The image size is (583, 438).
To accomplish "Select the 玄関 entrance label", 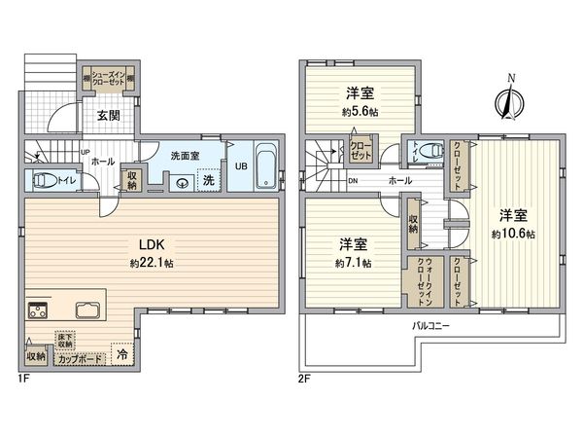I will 108,115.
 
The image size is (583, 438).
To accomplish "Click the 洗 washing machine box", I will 207,180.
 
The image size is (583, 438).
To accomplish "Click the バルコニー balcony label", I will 430,328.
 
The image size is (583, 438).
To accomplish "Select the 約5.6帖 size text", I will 359,112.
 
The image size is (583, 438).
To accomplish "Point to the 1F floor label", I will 23,376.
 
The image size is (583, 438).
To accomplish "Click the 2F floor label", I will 305,376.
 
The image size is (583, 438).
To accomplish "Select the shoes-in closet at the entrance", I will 109,79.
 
